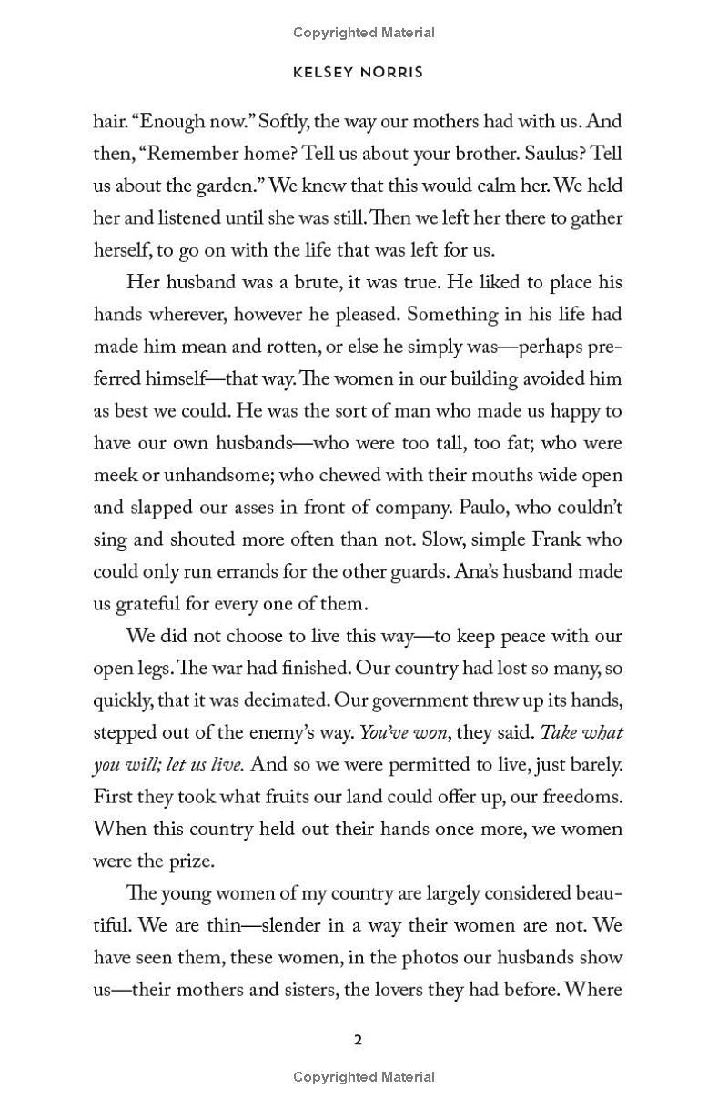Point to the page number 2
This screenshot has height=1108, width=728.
[x=359, y=1040]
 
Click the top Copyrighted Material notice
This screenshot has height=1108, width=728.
[x=364, y=33]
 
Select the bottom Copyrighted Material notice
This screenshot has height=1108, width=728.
[x=364, y=1077]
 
